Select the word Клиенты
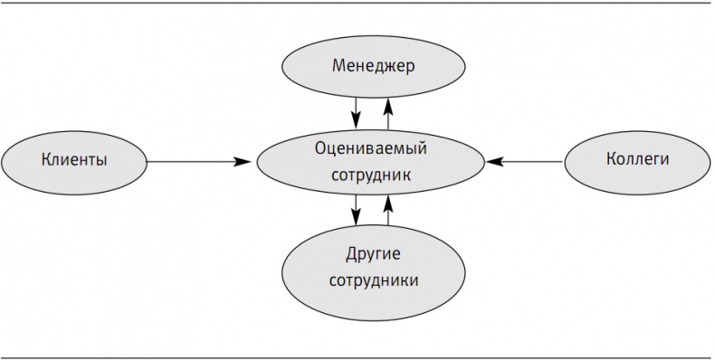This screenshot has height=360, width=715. click(x=74, y=160)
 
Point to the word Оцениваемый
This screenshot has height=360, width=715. click(x=371, y=147)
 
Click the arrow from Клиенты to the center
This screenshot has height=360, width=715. click(x=199, y=162)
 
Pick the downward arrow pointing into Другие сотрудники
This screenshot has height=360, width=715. click(x=357, y=211)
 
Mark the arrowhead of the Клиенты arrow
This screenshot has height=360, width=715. click(x=243, y=162)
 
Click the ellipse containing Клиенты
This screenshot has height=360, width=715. click(x=74, y=177)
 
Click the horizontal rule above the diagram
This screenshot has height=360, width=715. click(x=357, y=4)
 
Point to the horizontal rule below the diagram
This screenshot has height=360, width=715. click(x=357, y=357)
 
